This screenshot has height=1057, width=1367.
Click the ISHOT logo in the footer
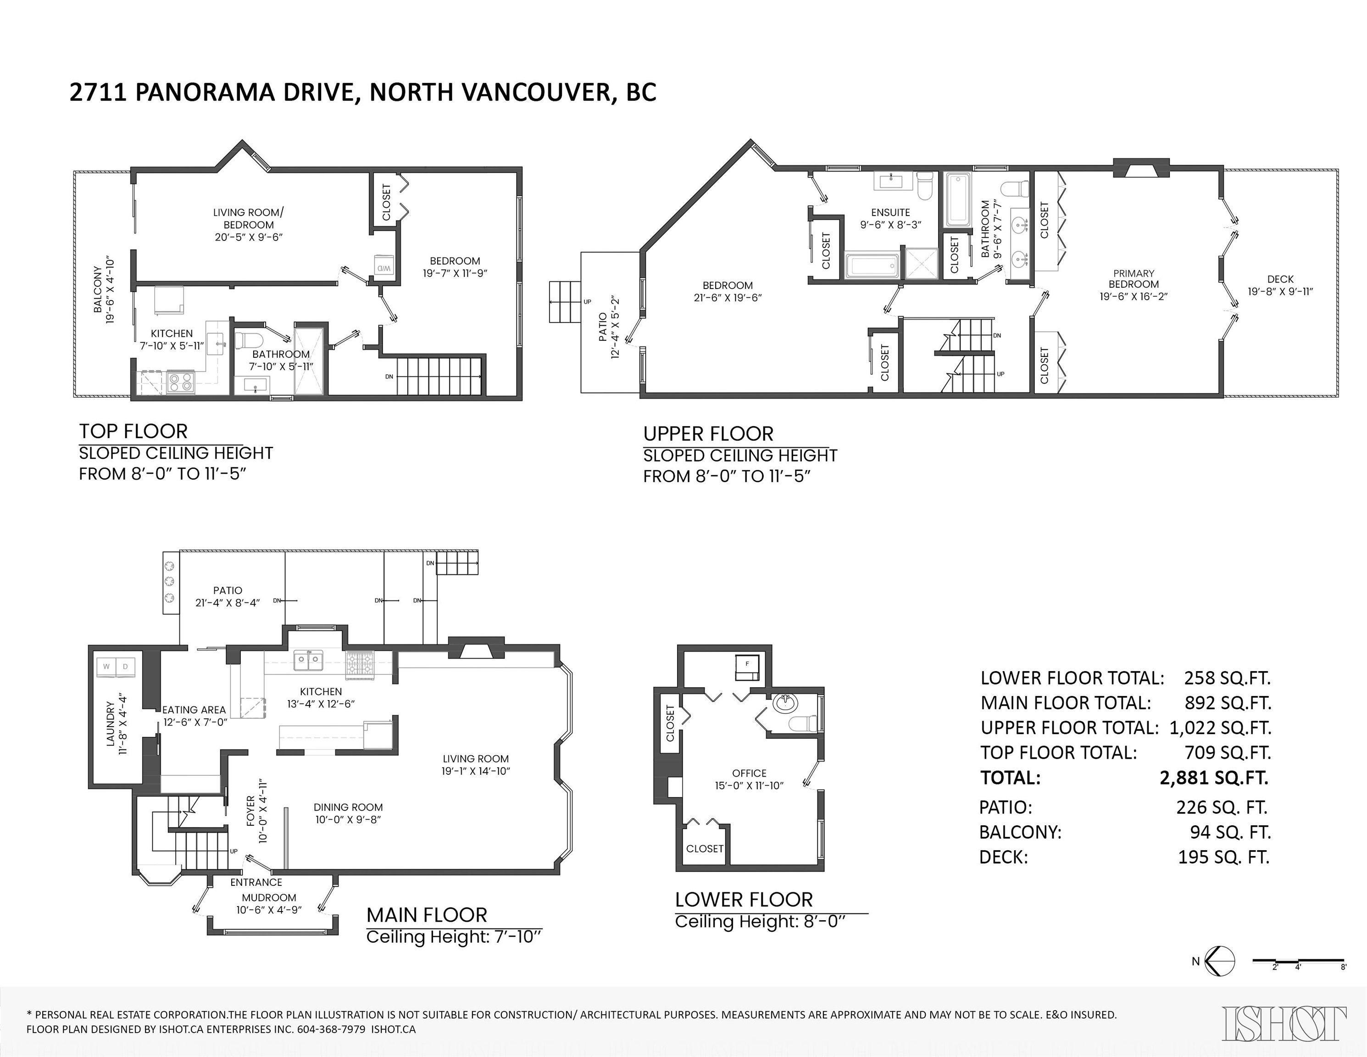click(1284, 1023)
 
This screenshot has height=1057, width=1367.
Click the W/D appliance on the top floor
click(383, 265)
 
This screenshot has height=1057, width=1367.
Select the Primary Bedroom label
click(1134, 278)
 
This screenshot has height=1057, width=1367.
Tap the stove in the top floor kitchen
click(181, 381)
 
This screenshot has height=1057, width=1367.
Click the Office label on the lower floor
click(749, 773)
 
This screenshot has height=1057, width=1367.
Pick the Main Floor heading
click(427, 915)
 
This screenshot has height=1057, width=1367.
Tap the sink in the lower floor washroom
click(785, 703)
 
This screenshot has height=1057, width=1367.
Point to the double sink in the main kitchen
click(309, 660)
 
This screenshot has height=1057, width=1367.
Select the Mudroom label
click(269, 897)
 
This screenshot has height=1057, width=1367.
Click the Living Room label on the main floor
click(476, 758)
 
